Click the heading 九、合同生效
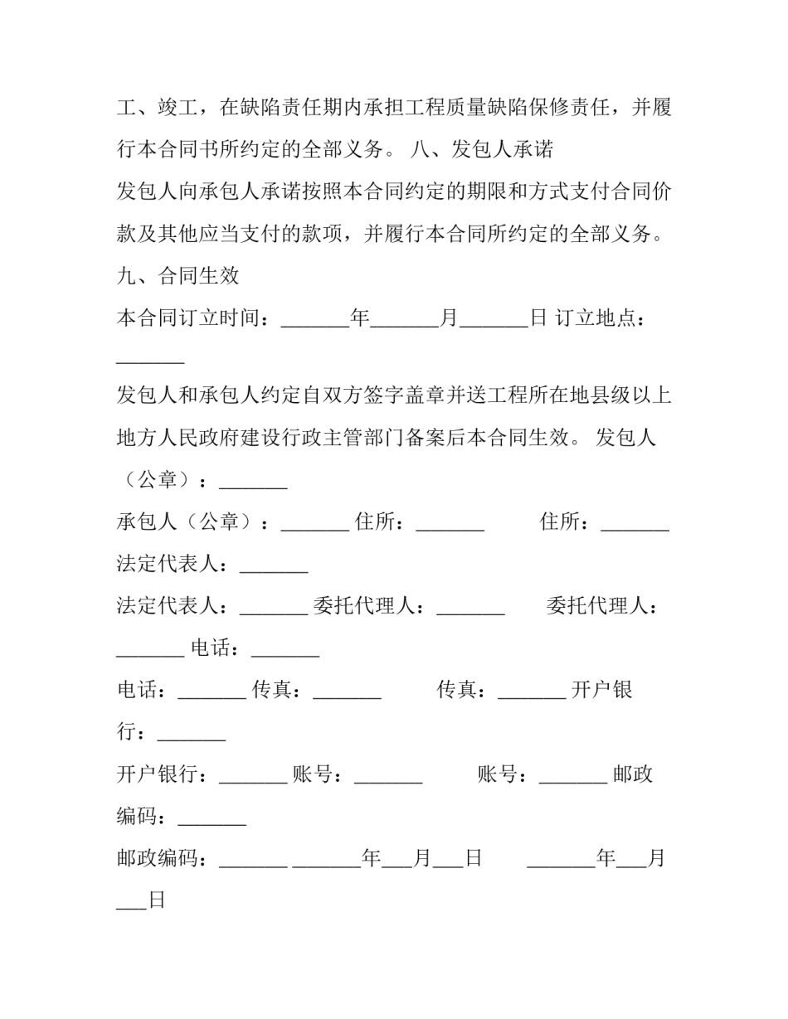[178, 276]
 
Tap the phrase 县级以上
[630, 395]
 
